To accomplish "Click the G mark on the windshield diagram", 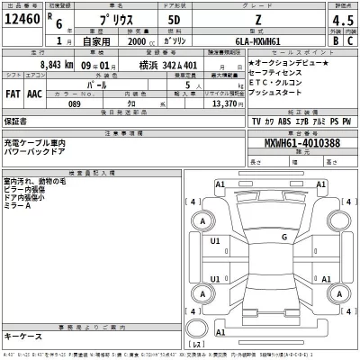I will pyautogui.click(x=283, y=237).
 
